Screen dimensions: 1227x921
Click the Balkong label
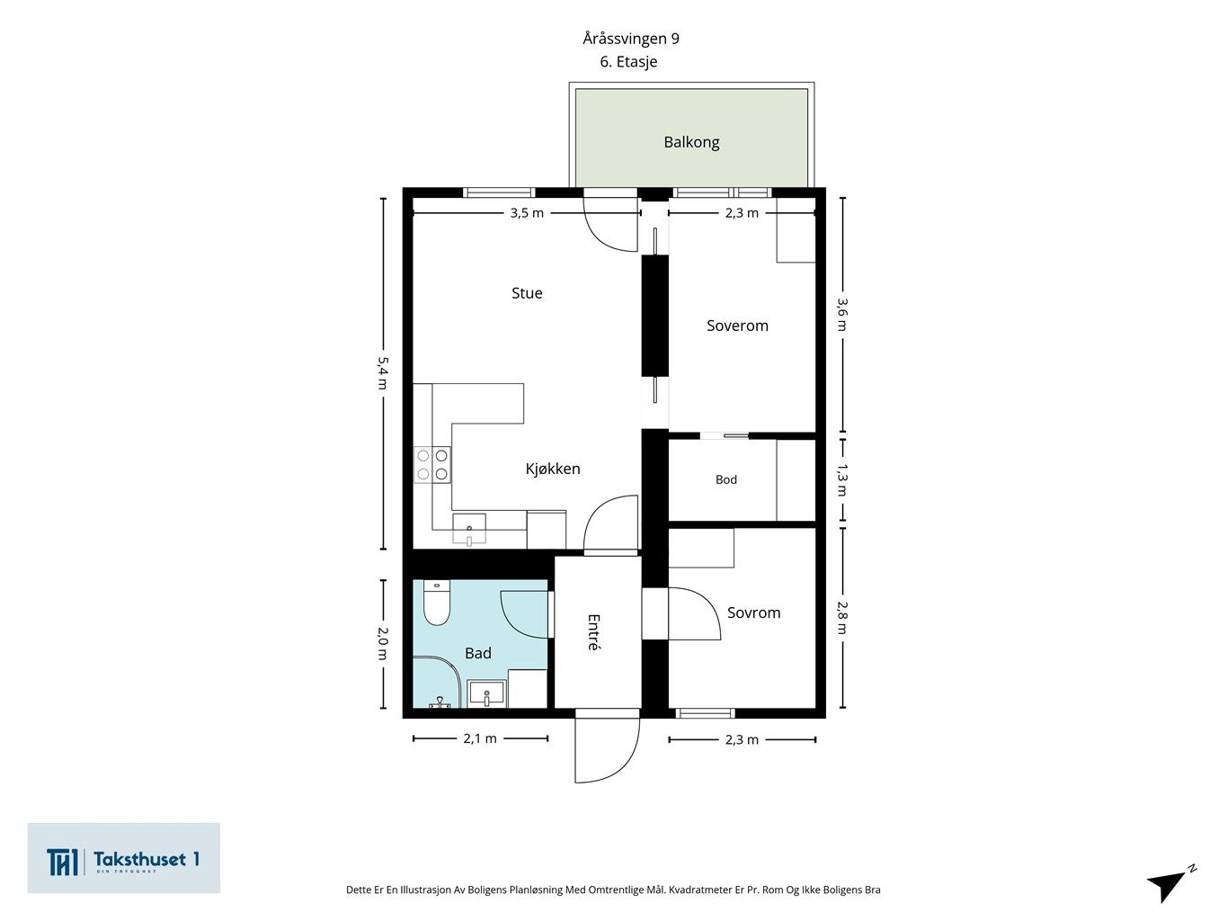(691, 143)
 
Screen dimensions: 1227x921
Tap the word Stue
(527, 293)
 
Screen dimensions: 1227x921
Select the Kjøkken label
(553, 469)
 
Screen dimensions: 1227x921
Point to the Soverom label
(737, 326)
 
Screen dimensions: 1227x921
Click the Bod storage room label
(726, 479)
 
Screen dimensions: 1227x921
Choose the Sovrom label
(753, 613)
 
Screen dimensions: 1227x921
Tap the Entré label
(593, 632)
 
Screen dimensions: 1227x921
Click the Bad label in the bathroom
(478, 653)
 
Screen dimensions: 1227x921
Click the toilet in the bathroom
(437, 603)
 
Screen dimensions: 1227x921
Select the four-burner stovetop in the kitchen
(432, 465)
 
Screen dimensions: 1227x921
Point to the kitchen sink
(469, 529)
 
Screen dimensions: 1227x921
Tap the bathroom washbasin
(486, 694)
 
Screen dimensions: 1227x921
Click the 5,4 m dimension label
(383, 373)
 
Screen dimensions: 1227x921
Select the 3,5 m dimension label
(527, 213)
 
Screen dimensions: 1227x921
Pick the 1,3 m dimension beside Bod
(842, 480)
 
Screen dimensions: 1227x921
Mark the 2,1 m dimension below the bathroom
(480, 738)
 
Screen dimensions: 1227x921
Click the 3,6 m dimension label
(842, 314)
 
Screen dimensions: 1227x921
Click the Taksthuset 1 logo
(123, 858)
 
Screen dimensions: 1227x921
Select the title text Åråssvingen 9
(630, 39)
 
